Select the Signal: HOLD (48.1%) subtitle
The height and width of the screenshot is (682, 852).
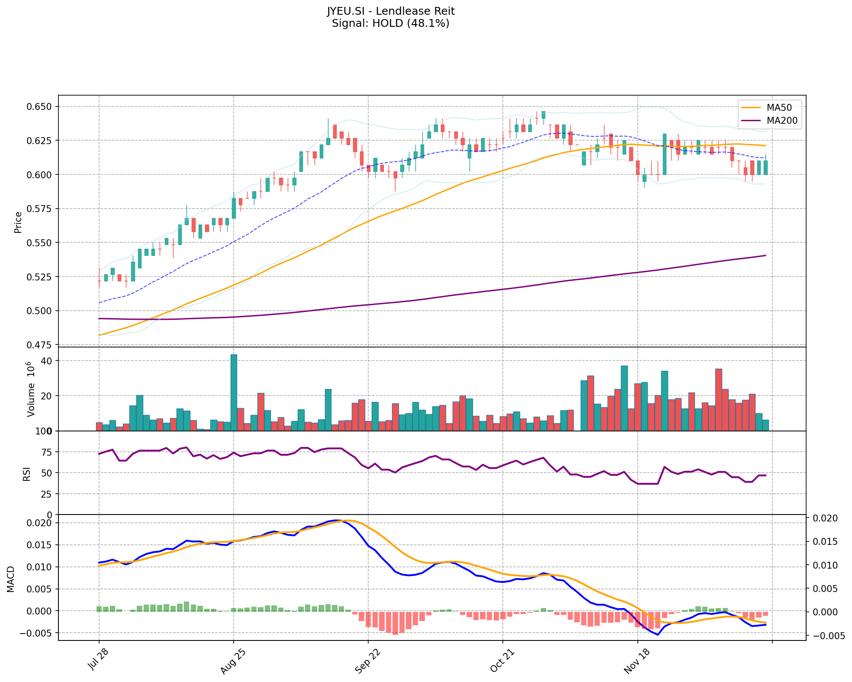tap(390, 23)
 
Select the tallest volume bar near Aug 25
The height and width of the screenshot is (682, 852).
tap(234, 392)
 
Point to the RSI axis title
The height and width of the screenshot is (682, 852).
tap(27, 473)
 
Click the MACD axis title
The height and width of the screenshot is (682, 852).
tap(10, 579)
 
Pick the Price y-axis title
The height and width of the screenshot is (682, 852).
tap(18, 222)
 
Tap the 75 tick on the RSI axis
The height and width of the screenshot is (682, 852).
tap(46, 452)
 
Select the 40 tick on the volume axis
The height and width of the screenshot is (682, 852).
tap(47, 361)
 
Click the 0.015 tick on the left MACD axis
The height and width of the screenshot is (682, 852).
tap(40, 545)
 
